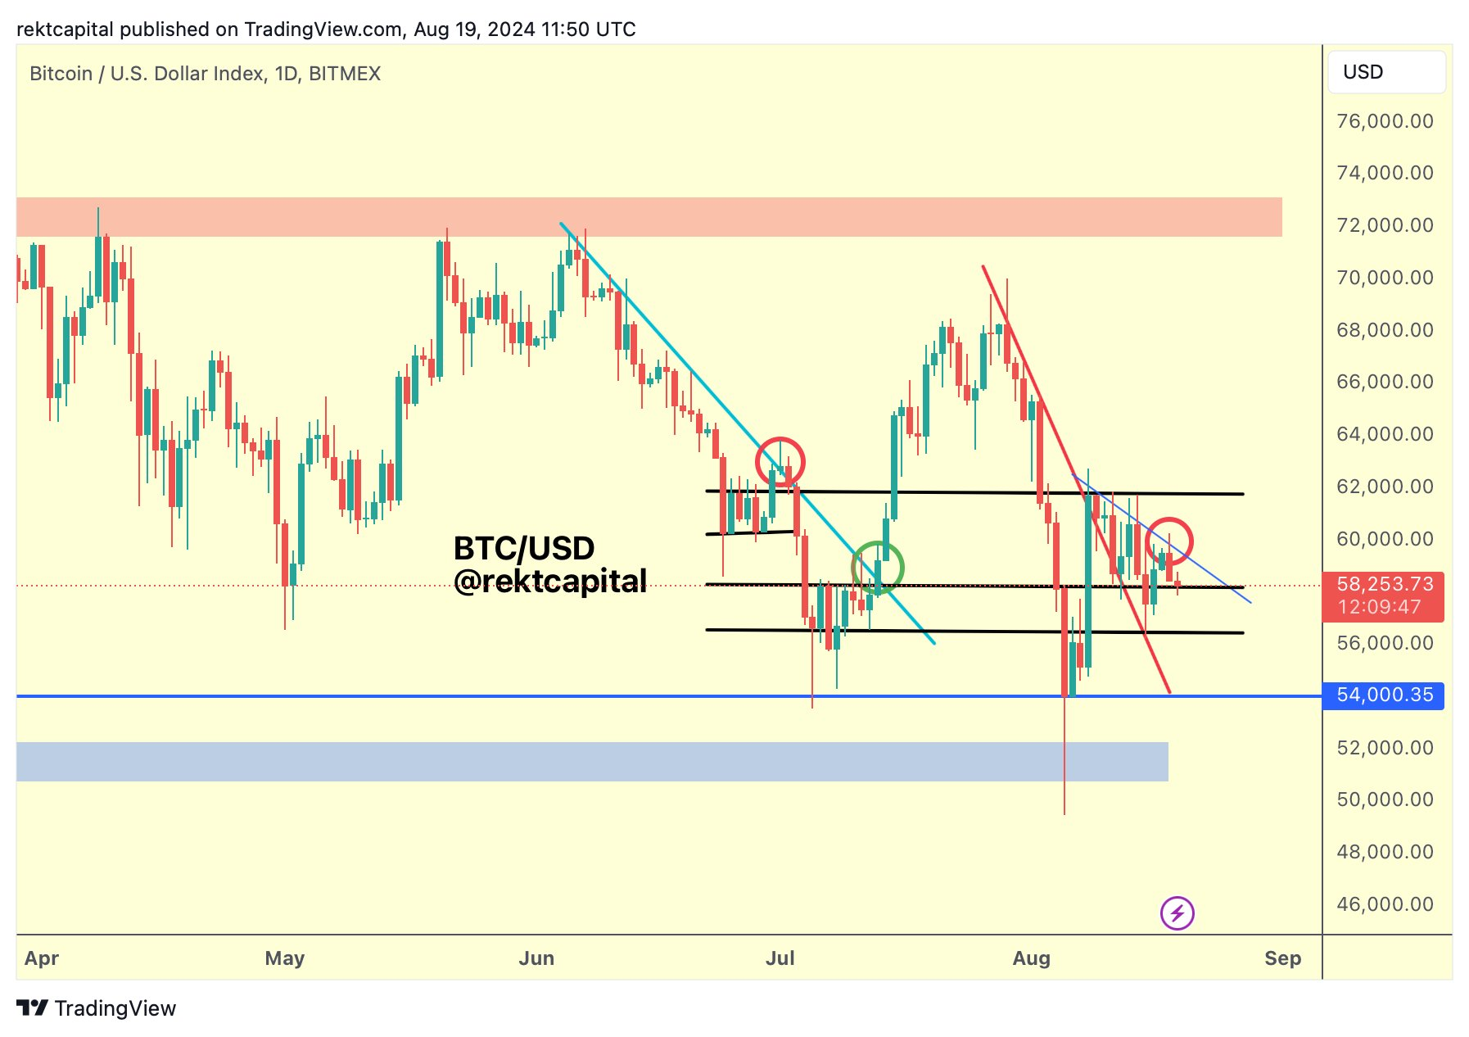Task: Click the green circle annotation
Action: [877, 567]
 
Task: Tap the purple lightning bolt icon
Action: [1177, 912]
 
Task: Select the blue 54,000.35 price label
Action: [1383, 695]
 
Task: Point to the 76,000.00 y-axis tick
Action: [1385, 121]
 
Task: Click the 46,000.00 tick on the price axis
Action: [1385, 904]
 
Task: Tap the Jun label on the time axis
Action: [536, 958]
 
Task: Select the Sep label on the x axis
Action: [1282, 958]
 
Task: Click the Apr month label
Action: [42, 958]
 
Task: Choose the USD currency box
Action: [1385, 72]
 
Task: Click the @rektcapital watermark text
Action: [549, 581]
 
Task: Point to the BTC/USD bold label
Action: [524, 548]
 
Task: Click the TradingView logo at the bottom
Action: [97, 1008]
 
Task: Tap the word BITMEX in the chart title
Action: [345, 74]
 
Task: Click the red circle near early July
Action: [780, 461]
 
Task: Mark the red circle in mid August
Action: [1168, 541]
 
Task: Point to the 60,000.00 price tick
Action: [1385, 539]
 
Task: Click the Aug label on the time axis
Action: [1031, 958]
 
